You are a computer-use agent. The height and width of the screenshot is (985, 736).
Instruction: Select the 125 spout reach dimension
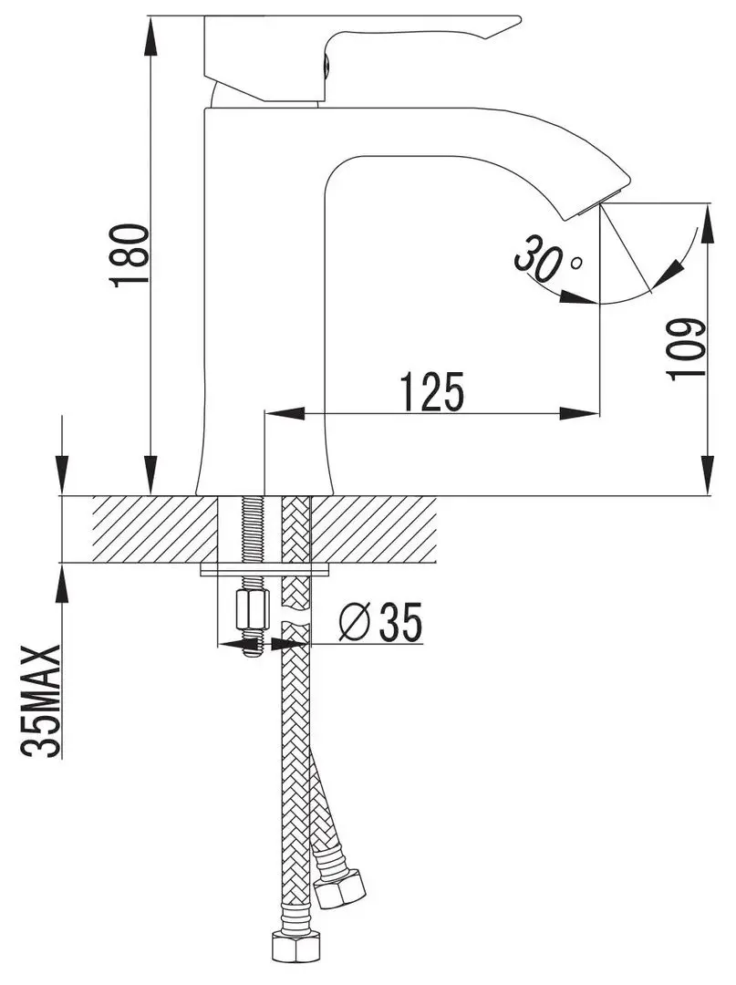(x=431, y=391)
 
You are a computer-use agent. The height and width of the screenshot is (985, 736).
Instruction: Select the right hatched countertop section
(x=383, y=530)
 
